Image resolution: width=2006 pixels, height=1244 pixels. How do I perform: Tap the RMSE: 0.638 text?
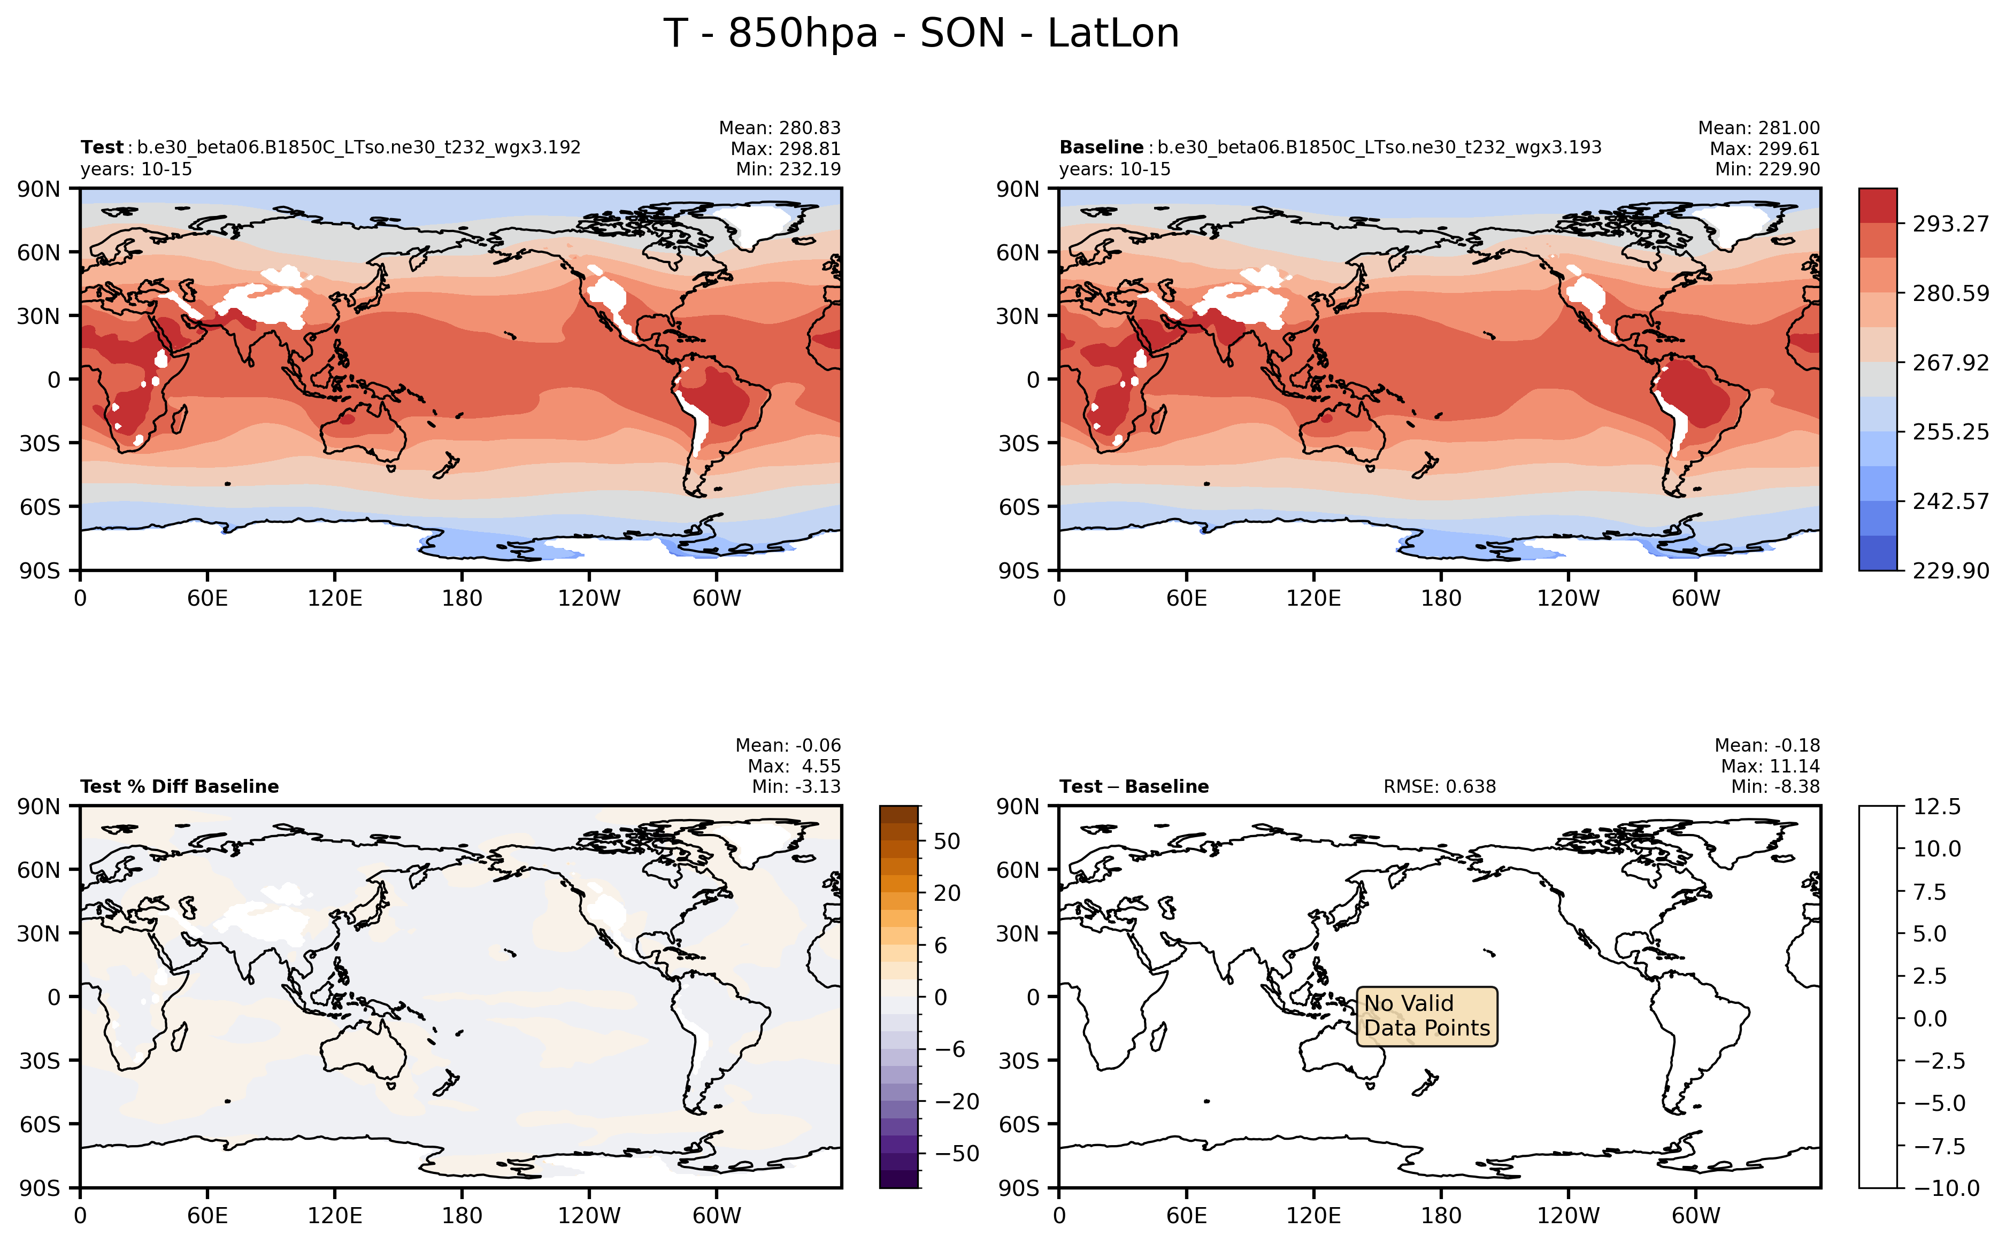point(1439,786)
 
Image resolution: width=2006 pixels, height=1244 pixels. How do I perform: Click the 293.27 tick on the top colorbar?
point(1950,224)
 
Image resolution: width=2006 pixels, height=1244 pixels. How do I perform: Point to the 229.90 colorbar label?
point(1950,571)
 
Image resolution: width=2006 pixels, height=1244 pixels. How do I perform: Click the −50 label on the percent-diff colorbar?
point(957,1154)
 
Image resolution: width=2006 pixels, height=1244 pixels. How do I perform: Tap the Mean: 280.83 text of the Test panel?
point(779,128)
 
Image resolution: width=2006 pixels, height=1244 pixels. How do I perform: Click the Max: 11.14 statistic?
point(1770,766)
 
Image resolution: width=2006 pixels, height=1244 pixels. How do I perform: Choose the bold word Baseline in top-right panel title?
point(1101,147)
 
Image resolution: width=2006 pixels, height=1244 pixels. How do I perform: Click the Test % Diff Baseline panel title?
point(179,786)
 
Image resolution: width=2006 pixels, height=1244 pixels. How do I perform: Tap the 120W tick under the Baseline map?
point(1567,598)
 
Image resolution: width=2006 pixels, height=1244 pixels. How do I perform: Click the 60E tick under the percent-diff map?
point(207,1215)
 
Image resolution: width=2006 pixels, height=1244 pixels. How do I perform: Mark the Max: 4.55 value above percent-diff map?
point(794,766)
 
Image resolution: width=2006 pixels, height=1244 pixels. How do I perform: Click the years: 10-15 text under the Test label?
point(136,169)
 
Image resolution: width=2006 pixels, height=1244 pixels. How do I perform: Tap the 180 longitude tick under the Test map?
point(462,598)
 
